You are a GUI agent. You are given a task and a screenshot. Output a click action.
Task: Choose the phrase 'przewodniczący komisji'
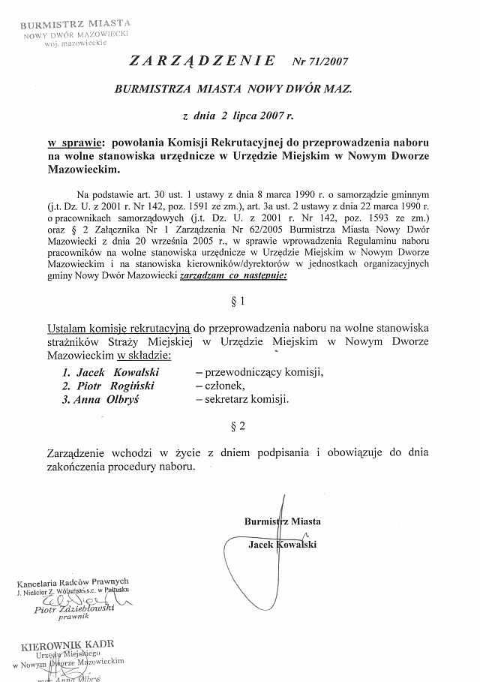[x=258, y=371]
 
